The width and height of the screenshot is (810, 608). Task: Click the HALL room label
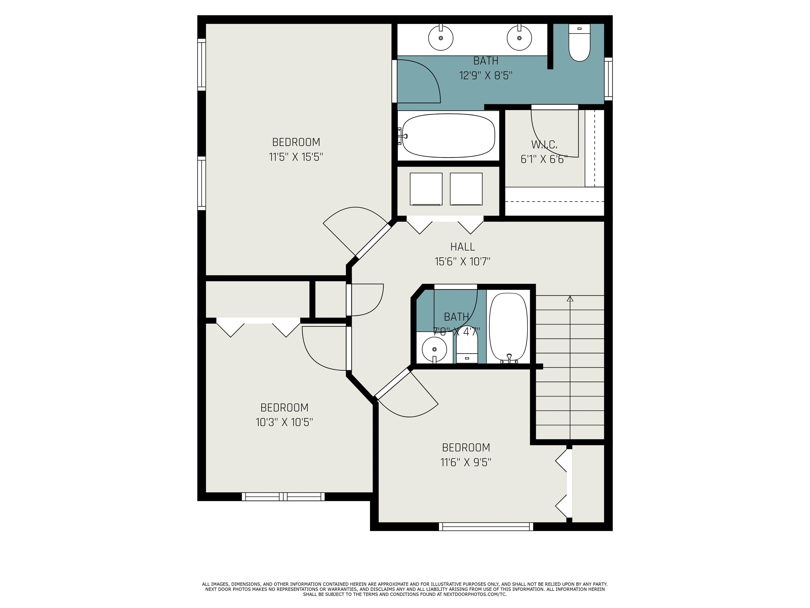(x=462, y=247)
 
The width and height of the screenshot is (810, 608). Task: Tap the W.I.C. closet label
(x=544, y=145)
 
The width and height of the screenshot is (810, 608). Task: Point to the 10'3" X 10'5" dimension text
(x=284, y=422)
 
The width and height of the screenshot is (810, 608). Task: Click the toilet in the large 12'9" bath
(x=579, y=42)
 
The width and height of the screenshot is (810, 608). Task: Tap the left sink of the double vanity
(x=441, y=37)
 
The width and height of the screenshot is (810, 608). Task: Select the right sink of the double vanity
(x=519, y=37)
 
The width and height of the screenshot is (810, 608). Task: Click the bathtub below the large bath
(x=449, y=136)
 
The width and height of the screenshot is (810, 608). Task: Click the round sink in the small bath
(x=434, y=350)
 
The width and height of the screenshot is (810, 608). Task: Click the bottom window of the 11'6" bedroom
(x=486, y=527)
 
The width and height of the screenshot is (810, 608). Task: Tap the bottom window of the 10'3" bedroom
(x=283, y=497)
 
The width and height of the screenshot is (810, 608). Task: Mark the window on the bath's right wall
(x=608, y=79)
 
